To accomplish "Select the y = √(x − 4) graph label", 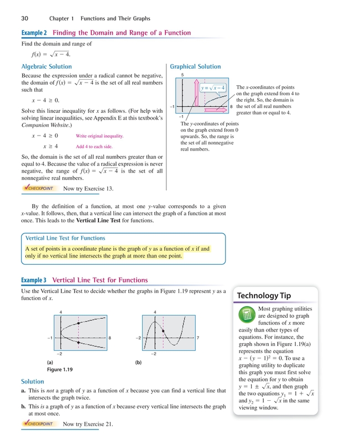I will pos(213,87).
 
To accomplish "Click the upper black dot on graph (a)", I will pos(79,323).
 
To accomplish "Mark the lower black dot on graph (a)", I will pos(79,343).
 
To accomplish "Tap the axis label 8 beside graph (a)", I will pos(111,338).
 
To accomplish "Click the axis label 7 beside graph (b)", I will pos(197,338).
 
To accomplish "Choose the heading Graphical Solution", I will pos(196,67).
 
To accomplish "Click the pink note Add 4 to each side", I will pos(94,147).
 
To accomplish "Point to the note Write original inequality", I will pos(99,136).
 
